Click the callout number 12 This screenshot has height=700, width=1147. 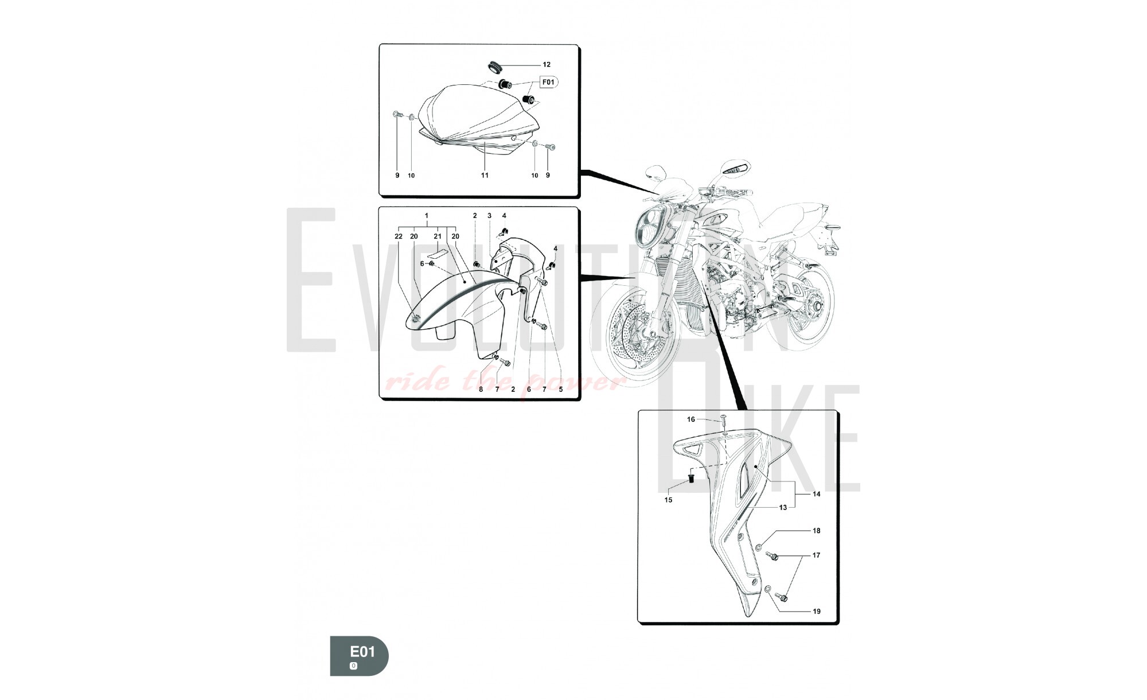547,65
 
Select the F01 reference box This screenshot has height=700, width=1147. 548,83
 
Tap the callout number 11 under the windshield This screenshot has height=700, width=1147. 485,176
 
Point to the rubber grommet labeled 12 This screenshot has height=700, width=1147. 495,64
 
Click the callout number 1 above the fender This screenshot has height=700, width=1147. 427,216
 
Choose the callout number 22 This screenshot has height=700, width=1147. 399,236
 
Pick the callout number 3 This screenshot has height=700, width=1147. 489,216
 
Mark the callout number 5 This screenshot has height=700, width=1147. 560,389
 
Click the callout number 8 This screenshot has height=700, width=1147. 481,389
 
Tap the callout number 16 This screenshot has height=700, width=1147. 691,419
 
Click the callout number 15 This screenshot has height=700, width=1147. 668,500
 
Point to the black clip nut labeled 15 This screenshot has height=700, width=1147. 691,477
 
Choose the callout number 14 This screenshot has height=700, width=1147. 816,494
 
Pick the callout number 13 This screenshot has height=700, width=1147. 783,508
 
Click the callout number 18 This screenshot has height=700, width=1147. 816,531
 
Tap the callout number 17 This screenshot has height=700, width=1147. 816,555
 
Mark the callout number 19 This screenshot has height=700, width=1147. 816,612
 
